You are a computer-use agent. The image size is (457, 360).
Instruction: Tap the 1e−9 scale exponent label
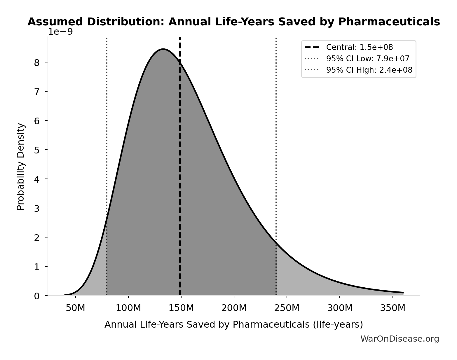pos(60,32)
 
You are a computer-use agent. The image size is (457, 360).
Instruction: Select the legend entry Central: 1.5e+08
pos(359,47)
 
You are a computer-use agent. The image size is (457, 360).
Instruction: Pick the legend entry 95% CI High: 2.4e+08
pos(369,70)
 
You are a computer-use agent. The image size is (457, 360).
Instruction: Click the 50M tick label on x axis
pos(76,308)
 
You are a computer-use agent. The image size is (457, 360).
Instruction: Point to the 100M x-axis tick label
pos(128,308)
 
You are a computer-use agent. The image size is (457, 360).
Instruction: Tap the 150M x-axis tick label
pos(181,308)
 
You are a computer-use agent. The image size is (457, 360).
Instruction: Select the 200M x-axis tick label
pos(234,308)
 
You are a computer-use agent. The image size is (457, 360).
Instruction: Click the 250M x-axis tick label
pos(287,308)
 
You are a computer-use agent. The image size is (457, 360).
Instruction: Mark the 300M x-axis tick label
pos(340,308)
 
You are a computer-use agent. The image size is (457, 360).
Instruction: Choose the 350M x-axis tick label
pos(393,308)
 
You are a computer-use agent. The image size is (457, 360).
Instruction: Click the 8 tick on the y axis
pos(37,62)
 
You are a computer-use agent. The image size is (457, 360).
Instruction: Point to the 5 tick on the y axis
pos(37,150)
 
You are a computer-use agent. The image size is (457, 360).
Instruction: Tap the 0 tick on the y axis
pos(37,296)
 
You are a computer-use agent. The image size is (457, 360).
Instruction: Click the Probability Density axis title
pos(21,167)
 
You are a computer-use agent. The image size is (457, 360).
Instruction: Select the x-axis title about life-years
pos(233,324)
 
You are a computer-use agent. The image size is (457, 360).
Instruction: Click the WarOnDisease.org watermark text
pos(400,339)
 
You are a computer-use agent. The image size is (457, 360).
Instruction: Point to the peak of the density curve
pos(163,49)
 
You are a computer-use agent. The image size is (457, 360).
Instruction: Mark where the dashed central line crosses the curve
pos(180,62)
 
